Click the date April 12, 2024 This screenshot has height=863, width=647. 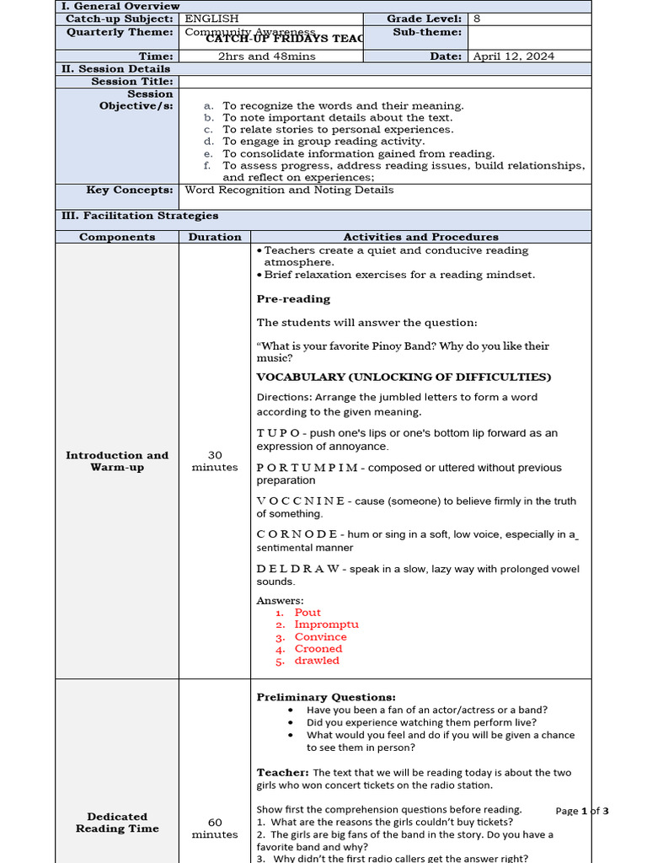513,56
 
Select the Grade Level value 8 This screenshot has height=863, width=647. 477,19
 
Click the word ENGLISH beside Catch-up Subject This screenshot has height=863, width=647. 211,19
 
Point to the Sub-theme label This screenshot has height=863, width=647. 427,32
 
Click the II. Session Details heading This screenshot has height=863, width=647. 115,69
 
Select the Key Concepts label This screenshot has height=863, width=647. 130,190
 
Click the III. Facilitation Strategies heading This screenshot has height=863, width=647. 140,216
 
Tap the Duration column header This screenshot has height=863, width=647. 215,238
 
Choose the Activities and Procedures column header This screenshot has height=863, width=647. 420,238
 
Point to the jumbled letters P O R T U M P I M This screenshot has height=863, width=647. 307,468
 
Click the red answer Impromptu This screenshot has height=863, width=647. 326,624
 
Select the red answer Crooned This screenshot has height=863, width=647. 318,649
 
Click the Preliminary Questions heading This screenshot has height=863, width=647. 326,697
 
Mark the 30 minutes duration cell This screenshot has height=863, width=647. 215,461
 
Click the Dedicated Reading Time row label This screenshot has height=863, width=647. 117,823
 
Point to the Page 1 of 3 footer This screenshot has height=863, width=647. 581,811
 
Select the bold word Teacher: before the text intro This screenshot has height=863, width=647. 282,772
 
